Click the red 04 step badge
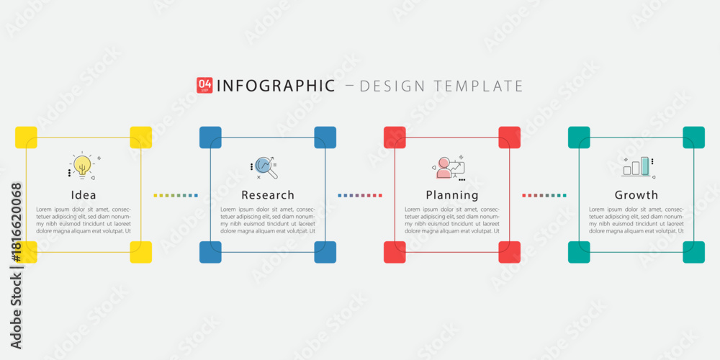click(204, 86)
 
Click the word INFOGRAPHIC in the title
click(276, 86)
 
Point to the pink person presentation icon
click(449, 168)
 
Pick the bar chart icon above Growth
click(638, 167)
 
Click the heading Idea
click(84, 195)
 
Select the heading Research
click(268, 195)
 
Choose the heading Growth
click(636, 195)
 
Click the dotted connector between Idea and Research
click(176, 196)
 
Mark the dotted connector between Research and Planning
click(360, 196)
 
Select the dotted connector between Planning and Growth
click(544, 196)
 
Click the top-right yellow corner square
click(141, 138)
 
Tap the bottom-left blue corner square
click(210, 252)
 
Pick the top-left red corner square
click(395, 138)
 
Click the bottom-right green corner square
click(694, 252)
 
